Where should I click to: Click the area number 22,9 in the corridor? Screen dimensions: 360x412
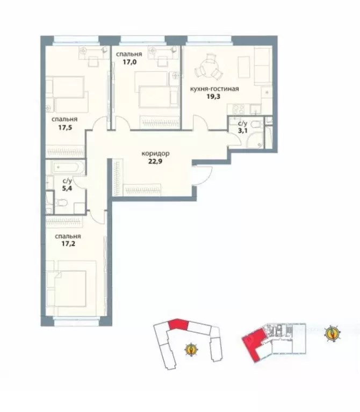[155, 161]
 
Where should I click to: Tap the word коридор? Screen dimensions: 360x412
[155, 154]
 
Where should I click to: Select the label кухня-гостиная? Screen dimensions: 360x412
[214, 89]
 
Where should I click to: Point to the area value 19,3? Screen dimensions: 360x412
[213, 97]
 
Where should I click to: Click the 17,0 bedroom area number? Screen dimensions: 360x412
[130, 62]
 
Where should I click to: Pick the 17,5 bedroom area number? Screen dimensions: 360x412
[65, 128]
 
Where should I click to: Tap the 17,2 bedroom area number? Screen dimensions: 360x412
[68, 244]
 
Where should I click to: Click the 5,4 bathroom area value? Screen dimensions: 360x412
[67, 189]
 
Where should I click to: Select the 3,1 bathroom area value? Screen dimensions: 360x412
[242, 131]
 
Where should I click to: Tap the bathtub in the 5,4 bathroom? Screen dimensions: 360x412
[68, 168]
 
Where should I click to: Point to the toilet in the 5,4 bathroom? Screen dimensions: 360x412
[61, 203]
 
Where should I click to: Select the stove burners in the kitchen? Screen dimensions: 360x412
[239, 109]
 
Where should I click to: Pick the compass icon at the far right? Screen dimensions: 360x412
[333, 333]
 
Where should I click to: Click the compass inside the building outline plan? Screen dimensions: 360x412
[191, 350]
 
